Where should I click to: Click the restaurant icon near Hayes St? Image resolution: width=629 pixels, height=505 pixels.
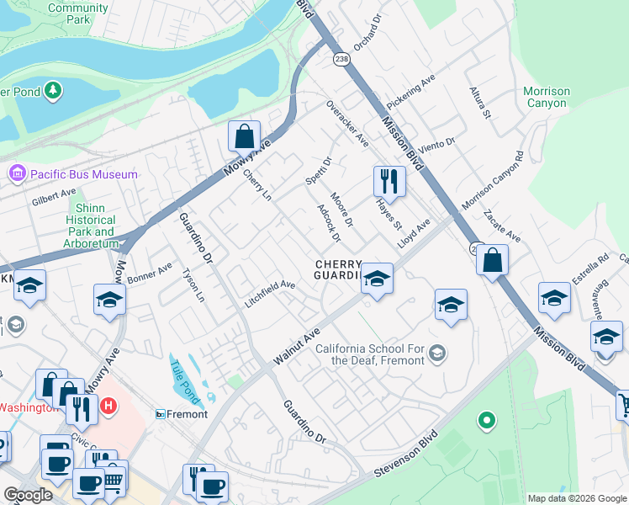[389, 181]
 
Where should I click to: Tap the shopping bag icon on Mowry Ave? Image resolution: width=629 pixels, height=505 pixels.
[244, 136]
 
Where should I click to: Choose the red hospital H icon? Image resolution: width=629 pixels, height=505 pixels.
[108, 407]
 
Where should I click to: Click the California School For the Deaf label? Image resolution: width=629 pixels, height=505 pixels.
[370, 355]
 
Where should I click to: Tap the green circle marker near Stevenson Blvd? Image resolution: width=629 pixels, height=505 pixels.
[484, 420]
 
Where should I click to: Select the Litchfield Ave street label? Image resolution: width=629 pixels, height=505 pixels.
[269, 294]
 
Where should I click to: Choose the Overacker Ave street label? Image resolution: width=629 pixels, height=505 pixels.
[346, 123]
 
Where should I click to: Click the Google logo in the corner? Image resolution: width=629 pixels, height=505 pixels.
[28, 495]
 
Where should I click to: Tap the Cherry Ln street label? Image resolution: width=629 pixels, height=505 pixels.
[257, 186]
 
